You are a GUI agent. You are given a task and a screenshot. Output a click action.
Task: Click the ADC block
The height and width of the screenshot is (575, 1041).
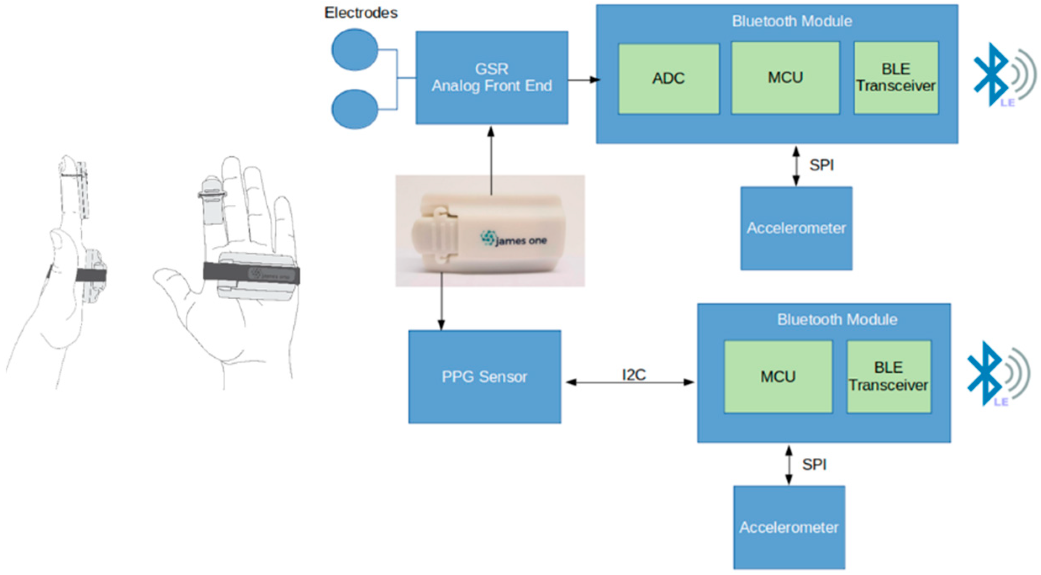668,79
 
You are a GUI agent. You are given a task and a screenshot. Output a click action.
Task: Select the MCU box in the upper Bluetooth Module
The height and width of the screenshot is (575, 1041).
785,78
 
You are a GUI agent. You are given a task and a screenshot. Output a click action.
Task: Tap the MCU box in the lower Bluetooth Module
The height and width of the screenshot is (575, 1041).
777,377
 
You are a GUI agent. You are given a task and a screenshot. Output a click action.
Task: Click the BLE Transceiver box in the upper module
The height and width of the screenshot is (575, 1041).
896,78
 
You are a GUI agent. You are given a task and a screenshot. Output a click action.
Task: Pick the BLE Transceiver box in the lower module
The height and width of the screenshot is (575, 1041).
888,377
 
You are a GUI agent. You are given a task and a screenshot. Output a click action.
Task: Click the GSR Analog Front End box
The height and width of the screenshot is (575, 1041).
492,78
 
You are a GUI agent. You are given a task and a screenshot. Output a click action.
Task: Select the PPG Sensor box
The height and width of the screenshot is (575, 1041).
484,377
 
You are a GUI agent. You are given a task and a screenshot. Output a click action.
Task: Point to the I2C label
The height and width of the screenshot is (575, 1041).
633,375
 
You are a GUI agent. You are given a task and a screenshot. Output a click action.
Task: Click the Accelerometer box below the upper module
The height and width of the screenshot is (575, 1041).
796,228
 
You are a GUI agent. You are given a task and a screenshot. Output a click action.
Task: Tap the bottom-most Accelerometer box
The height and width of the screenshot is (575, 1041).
789,527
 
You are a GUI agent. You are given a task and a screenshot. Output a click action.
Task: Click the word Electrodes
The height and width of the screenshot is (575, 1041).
361,13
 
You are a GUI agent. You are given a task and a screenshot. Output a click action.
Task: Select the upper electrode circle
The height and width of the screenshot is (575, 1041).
355,50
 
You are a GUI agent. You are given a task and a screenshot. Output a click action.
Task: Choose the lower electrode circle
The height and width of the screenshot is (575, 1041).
355,109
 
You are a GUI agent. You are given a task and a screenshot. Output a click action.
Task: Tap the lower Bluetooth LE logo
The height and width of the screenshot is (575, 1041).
996,374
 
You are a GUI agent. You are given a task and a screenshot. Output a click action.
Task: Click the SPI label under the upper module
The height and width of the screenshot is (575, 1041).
821,165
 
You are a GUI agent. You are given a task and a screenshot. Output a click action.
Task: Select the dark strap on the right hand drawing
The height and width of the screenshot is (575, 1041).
251,273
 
